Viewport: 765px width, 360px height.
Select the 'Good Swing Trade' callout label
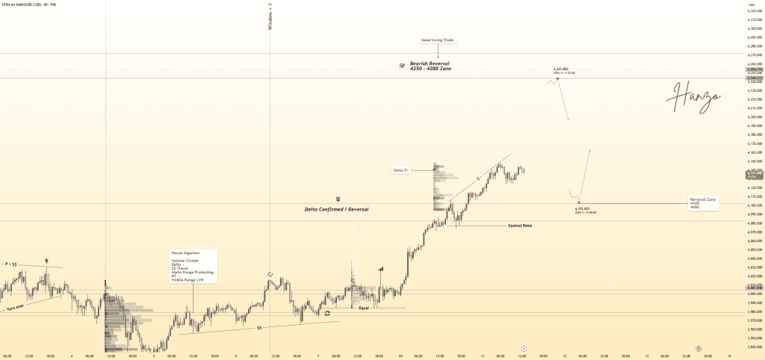point(437,40)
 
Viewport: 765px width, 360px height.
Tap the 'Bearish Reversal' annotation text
point(430,63)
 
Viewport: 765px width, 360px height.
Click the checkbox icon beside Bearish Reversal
point(402,66)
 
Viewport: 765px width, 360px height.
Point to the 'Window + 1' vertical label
point(270,16)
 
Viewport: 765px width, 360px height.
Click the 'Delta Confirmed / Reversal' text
point(336,209)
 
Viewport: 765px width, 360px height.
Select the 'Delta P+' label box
point(401,170)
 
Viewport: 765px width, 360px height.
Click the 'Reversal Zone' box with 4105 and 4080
point(703,203)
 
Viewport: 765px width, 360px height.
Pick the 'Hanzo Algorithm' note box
point(193,266)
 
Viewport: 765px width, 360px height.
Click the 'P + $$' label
point(11,264)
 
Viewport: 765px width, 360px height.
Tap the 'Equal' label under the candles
point(364,308)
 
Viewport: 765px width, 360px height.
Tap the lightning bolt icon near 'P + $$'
point(47,261)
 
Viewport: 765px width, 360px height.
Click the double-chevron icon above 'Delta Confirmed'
point(338,199)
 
